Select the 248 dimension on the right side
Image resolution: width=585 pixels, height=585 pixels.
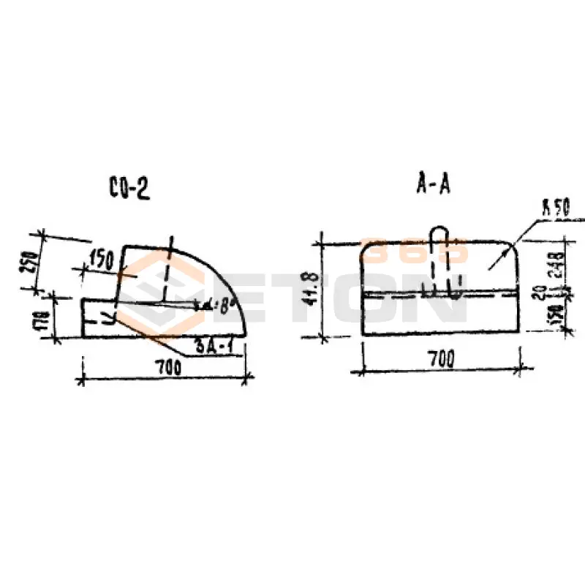pos(557,262)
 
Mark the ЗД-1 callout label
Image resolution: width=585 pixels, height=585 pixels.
pos(217,345)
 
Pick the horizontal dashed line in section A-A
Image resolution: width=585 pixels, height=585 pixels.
pos(439,296)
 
